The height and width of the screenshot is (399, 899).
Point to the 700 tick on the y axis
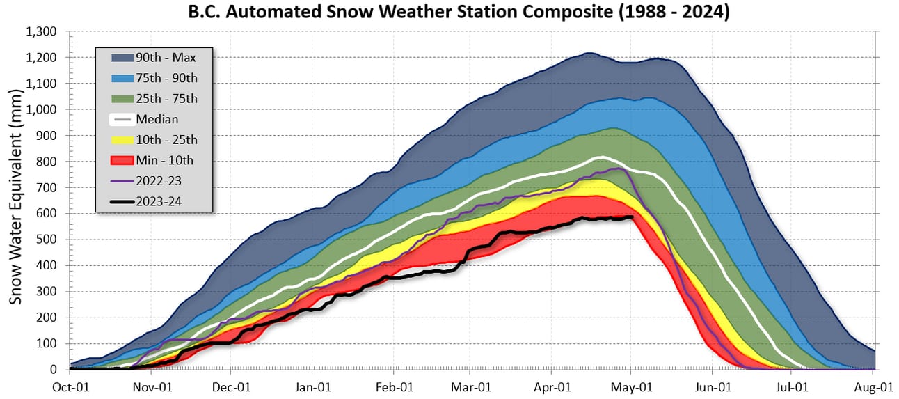click(x=50, y=187)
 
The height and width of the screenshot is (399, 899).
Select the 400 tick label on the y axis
click(x=50, y=265)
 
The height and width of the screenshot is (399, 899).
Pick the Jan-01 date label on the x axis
click(x=312, y=384)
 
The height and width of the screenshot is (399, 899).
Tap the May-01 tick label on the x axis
click(x=631, y=384)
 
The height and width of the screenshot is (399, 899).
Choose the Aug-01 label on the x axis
click(x=874, y=384)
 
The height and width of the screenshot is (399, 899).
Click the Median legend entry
click(x=157, y=119)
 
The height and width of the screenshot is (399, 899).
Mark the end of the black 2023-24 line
click(x=632, y=217)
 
